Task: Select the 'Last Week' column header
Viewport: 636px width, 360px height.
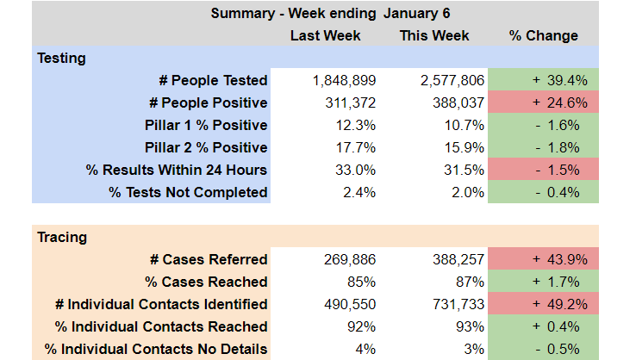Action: pos(325,35)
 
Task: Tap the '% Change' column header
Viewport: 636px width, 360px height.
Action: pos(544,35)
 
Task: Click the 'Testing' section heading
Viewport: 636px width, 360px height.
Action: pos(61,58)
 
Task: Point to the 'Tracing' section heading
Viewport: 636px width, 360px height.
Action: pos(62,237)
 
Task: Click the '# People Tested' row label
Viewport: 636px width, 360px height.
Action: pos(213,80)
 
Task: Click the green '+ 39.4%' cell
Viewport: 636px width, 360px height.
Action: pos(544,80)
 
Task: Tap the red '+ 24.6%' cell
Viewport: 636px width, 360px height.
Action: pos(544,102)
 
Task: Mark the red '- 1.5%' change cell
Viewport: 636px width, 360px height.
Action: pos(544,170)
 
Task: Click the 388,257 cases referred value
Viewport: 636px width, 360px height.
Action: pos(453,259)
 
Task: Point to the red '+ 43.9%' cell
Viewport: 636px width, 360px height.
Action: pos(544,259)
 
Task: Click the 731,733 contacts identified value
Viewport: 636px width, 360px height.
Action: pos(453,304)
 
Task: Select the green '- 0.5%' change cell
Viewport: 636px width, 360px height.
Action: pos(544,349)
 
